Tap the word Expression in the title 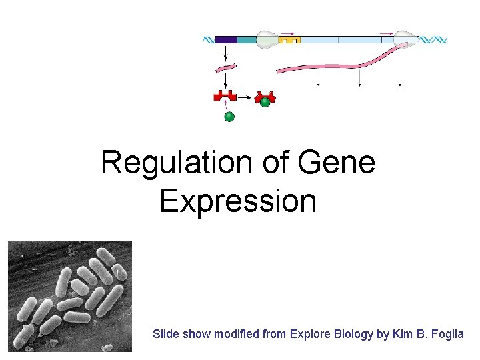(x=238, y=200)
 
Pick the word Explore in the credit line (x=308, y=334)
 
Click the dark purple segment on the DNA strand (x=226, y=40)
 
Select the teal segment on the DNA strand (x=247, y=40)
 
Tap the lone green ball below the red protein (x=229, y=117)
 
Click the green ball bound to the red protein (x=265, y=102)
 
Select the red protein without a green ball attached (x=225, y=97)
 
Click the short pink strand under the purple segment (x=227, y=68)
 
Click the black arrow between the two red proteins (x=244, y=97)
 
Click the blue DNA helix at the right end (x=436, y=40)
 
